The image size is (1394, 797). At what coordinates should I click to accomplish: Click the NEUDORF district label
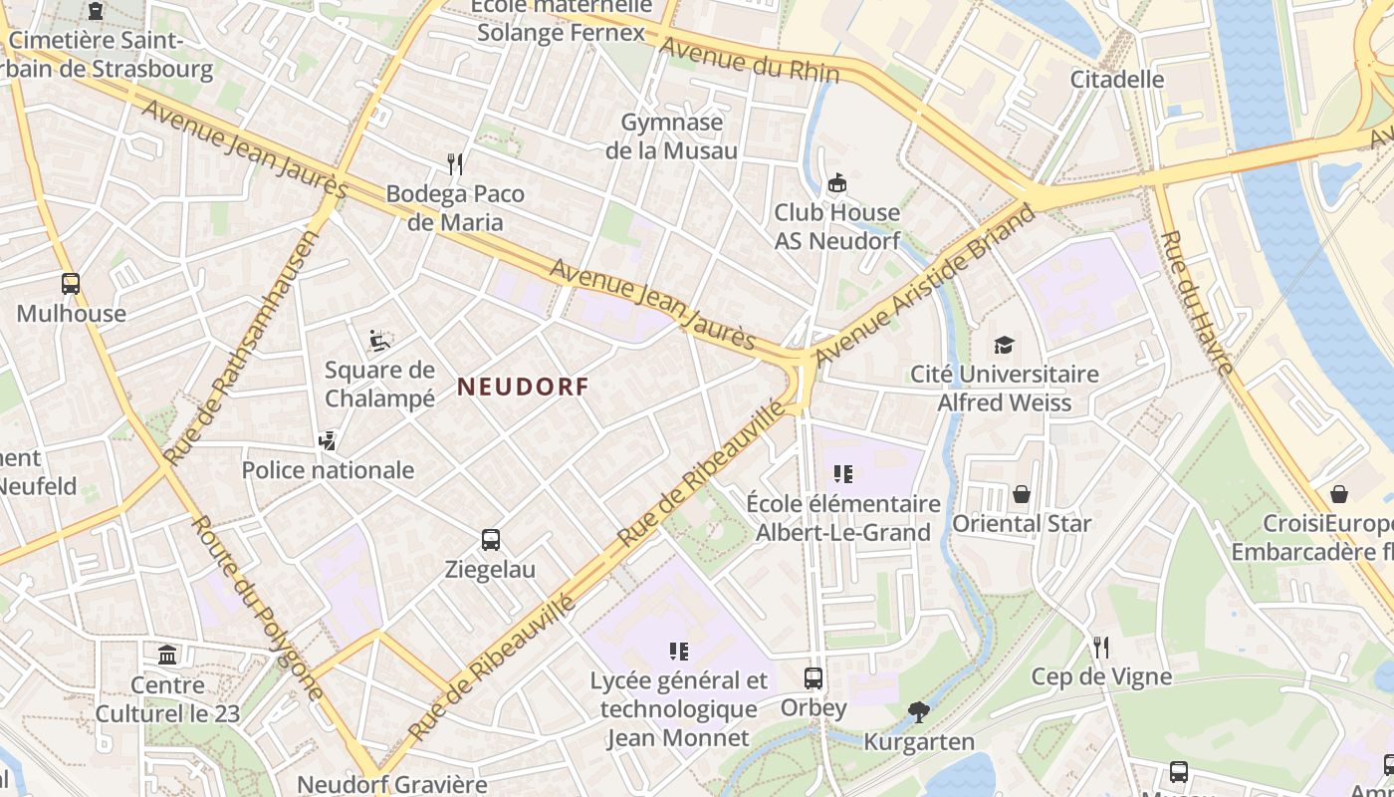pos(523,387)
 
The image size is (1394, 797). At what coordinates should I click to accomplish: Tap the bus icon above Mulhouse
pos(70,284)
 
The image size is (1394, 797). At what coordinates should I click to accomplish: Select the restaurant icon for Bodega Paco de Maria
pos(455,163)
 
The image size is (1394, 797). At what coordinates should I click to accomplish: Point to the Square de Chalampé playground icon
pos(379,341)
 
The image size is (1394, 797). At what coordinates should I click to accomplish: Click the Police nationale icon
pos(327,439)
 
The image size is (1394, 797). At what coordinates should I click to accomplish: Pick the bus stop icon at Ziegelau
pos(491,540)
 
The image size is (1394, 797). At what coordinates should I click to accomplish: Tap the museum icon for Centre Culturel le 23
pos(167,656)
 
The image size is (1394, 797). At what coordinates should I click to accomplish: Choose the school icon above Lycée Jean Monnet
pos(679,652)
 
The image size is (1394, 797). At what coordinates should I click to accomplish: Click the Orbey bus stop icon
pos(813,678)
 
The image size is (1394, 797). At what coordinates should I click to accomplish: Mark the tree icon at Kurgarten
pos(918,711)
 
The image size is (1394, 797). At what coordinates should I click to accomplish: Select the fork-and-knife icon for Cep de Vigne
pos(1100,648)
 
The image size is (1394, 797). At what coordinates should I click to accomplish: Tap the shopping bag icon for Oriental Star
pos(1022,493)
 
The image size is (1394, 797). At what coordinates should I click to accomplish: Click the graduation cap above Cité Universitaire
pos(1004,345)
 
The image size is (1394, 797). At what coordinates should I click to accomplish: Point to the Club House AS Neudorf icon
pos(837,182)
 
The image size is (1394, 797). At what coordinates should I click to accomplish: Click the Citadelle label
pos(1117,79)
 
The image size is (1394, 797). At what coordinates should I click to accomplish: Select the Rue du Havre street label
pos(1199,303)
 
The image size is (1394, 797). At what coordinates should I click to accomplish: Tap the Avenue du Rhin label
pos(750,61)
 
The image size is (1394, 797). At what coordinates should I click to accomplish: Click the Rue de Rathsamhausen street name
pos(241,348)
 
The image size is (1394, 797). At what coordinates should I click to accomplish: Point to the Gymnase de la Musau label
pos(671,136)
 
